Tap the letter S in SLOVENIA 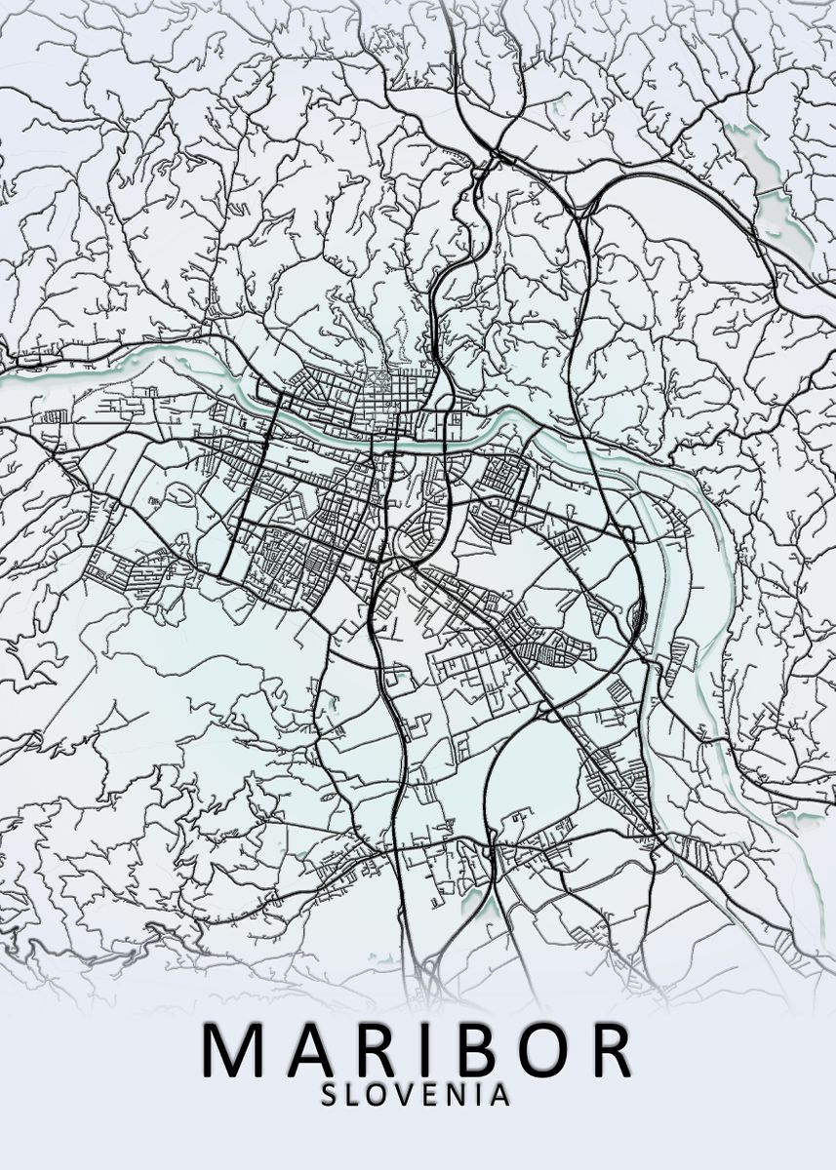(x=330, y=1095)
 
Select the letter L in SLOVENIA (x=354, y=1095)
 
